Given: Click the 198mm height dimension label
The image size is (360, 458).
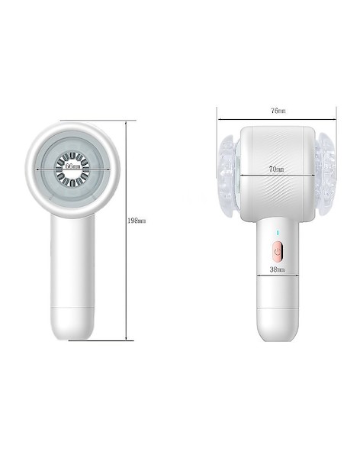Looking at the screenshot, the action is coord(137,221).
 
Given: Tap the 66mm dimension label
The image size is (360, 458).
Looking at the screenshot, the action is coord(72,166).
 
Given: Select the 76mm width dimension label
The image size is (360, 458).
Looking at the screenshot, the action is coord(278,111).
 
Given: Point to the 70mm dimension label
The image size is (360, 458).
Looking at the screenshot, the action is coord(276,169).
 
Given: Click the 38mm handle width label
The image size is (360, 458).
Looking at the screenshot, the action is coord(277,269).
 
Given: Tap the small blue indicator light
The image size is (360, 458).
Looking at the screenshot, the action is coord(278,233).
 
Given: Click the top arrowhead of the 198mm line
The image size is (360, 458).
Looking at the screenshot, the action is coord(126,123).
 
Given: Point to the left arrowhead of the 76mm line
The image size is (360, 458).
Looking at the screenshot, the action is coord(220,119).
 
